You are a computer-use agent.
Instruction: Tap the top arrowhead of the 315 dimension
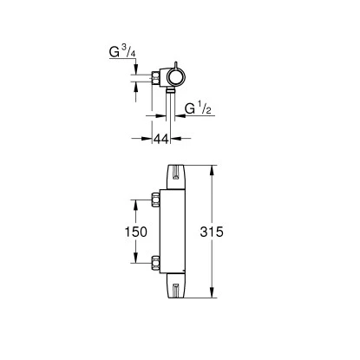point(213,166)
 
